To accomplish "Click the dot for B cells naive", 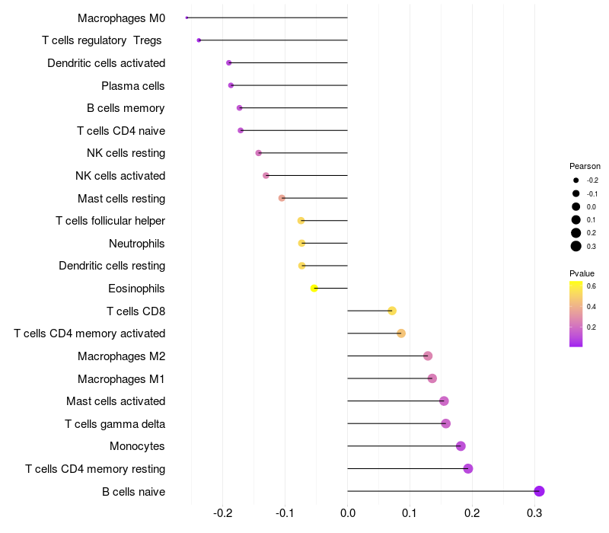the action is [x=539, y=491].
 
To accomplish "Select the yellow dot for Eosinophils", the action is [x=314, y=289].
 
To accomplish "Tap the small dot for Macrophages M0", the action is [x=187, y=18].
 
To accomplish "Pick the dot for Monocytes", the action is [x=461, y=446].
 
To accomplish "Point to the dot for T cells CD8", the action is [x=392, y=311].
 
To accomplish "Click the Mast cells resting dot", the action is [x=282, y=198].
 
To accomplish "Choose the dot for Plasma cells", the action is [x=231, y=85].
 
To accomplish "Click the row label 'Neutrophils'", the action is [x=137, y=244].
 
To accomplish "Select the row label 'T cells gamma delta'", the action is [x=115, y=424].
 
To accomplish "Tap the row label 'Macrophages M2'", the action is [x=122, y=356].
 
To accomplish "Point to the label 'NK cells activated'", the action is [x=120, y=176].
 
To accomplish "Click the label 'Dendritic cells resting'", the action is [x=112, y=266].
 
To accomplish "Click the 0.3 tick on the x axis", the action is [x=534, y=513].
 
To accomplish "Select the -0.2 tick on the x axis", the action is [x=222, y=513].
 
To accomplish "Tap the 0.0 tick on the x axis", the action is [x=348, y=513].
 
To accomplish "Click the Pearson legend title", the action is [x=585, y=166].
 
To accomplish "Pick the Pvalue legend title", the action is [x=582, y=273].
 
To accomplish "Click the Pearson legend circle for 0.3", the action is [x=576, y=246].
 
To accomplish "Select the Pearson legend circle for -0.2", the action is [x=576, y=180].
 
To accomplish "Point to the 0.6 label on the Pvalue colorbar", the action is [x=591, y=286].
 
